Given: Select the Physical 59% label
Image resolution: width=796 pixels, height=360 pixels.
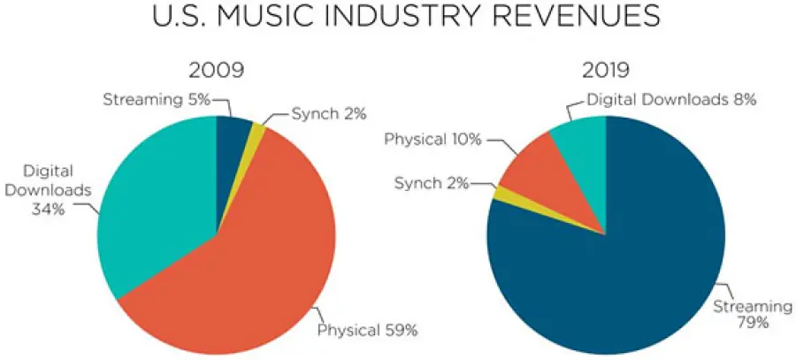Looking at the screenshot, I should tap(366, 332).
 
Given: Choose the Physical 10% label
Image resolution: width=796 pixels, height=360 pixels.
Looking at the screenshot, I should tap(428, 139).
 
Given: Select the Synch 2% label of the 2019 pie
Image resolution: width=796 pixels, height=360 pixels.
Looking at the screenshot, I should tap(431, 182).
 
